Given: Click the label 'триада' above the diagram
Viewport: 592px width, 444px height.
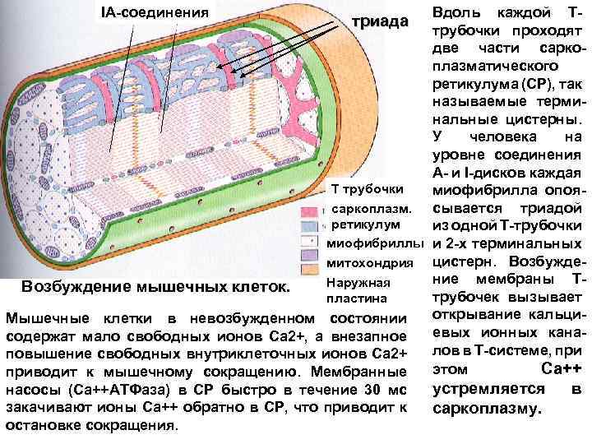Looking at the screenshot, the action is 380,22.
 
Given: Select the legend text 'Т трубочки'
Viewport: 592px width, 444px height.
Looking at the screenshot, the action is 367,190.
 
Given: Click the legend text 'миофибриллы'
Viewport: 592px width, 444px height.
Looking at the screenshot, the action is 375,244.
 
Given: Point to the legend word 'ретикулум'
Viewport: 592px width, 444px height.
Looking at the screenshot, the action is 365,224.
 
